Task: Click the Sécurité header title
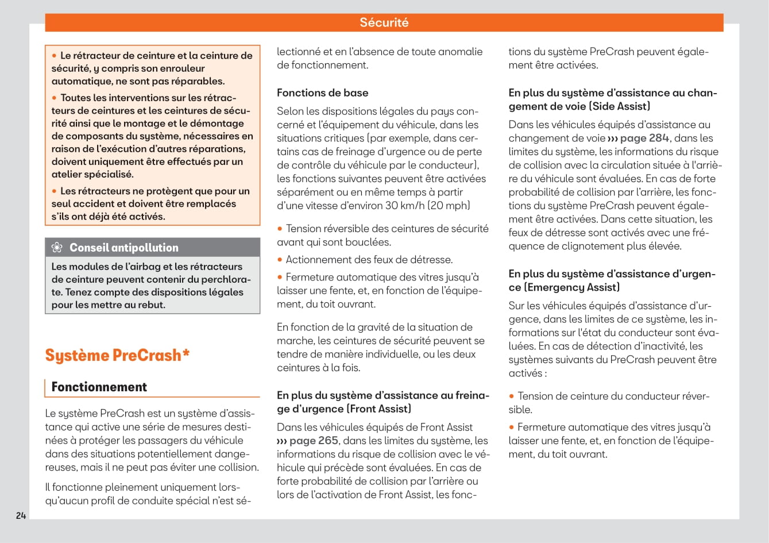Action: [384, 22]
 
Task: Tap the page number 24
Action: [21, 515]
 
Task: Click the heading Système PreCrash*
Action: [117, 355]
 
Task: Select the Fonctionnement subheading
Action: [99, 387]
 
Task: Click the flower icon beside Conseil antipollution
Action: [57, 248]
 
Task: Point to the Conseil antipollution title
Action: [123, 248]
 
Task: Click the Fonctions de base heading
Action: [322, 93]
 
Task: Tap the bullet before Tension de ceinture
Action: [512, 396]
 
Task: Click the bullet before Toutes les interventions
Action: [55, 98]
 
